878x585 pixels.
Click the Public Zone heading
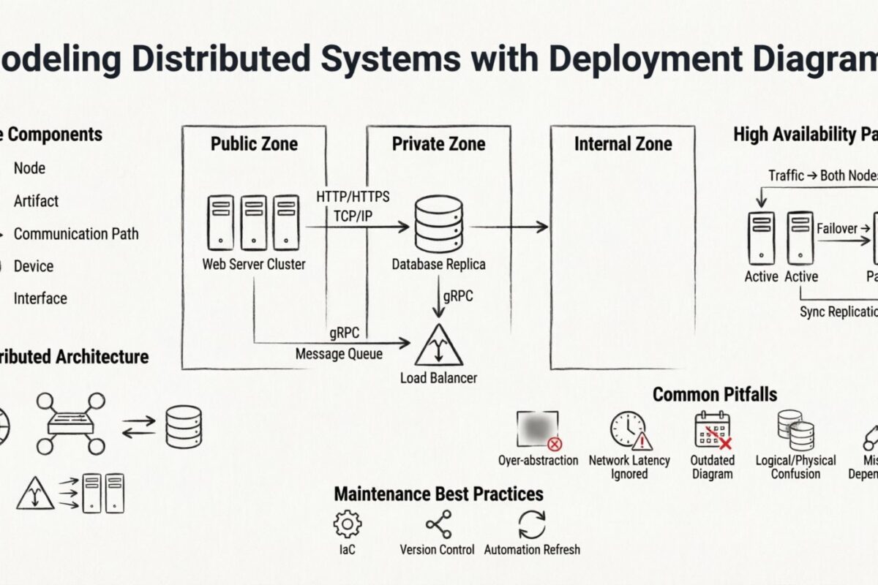[254, 144]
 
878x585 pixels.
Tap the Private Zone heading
[438, 144]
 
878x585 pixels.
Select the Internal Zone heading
[623, 144]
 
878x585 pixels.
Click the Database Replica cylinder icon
[438, 224]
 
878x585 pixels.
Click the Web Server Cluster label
[254, 265]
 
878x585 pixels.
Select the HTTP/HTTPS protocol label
[353, 197]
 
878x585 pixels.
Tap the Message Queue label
[339, 354]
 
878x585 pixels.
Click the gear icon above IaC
[347, 524]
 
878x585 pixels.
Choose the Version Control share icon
[438, 524]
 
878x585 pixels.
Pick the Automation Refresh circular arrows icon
[532, 525]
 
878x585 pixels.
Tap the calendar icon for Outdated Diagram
[712, 430]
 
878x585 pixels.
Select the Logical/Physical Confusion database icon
[795, 430]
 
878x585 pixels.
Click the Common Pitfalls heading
[714, 395]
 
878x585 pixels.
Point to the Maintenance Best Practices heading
[438, 494]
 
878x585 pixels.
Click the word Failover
[836, 229]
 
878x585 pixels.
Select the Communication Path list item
[75, 234]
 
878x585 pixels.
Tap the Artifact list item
[36, 201]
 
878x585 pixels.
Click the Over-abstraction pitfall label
[538, 461]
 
